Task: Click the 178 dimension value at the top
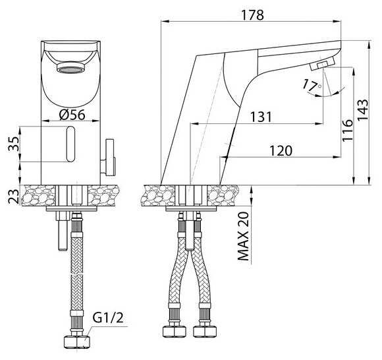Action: click(252, 15)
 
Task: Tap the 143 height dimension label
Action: click(362, 109)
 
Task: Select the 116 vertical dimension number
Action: click(347, 131)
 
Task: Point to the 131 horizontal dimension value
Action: click(261, 117)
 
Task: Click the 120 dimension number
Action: click(281, 150)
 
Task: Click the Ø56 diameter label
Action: click(72, 114)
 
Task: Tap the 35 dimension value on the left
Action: click(14, 144)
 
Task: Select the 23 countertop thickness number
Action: click(14, 196)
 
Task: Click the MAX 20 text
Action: click(243, 236)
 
